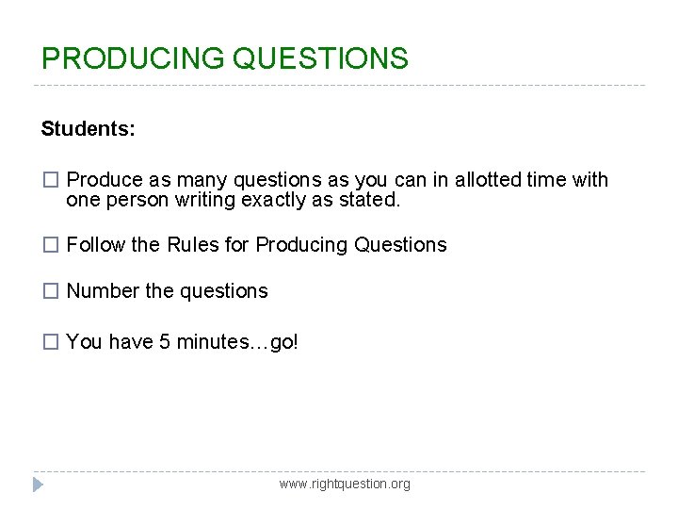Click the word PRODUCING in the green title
[x=133, y=58]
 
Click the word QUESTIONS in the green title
[x=320, y=58]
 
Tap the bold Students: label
[x=89, y=129]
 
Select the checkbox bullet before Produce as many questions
[x=52, y=180]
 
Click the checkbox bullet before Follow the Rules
[x=52, y=245]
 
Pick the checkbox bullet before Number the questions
[x=52, y=292]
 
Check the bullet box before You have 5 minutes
[x=52, y=342]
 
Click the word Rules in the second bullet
[x=192, y=245]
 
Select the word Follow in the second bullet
[x=96, y=245]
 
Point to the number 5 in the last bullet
[x=165, y=342]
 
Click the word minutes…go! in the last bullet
[x=237, y=342]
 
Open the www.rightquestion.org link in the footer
[x=345, y=484]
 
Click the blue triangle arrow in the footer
[x=39, y=484]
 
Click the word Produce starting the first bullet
[x=105, y=180]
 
